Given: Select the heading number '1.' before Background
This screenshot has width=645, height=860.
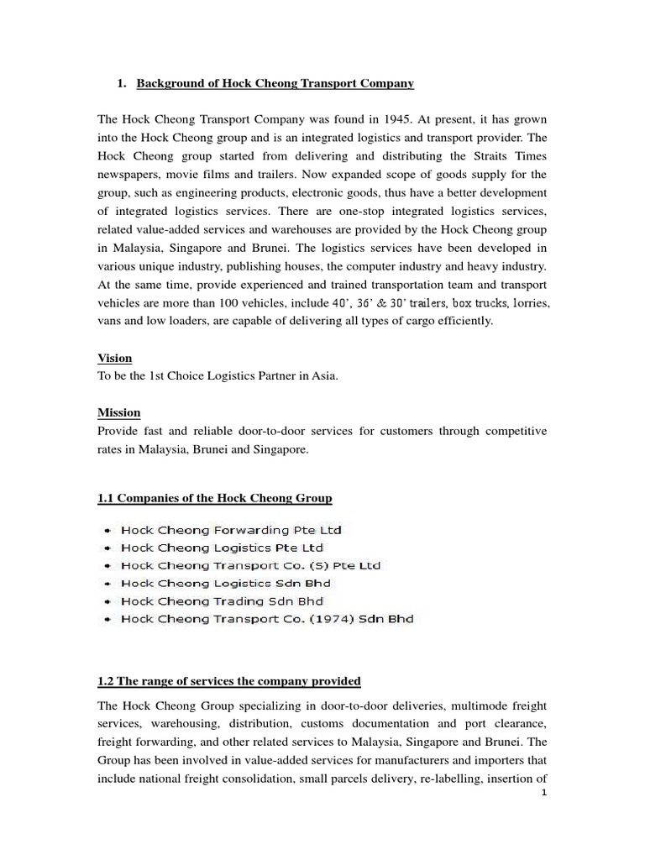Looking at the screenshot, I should pyautogui.click(x=120, y=83).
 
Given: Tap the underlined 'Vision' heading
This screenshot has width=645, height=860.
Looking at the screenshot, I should pyautogui.click(x=115, y=358).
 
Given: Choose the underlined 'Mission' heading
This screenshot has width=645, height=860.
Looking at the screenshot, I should pyautogui.click(x=119, y=412).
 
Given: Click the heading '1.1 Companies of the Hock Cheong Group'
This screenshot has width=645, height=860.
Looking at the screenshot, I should pyautogui.click(x=215, y=499).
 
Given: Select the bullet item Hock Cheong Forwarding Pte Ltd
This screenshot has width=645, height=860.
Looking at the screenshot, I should pyautogui.click(x=231, y=530).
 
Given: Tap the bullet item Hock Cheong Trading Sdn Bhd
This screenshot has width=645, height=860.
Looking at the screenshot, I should pyautogui.click(x=222, y=601).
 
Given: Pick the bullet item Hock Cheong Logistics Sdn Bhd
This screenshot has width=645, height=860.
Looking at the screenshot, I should pyautogui.click(x=226, y=583).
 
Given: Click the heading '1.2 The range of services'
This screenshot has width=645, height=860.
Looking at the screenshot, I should pyautogui.click(x=229, y=681).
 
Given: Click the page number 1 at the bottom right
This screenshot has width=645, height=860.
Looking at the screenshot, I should pyautogui.click(x=544, y=792).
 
